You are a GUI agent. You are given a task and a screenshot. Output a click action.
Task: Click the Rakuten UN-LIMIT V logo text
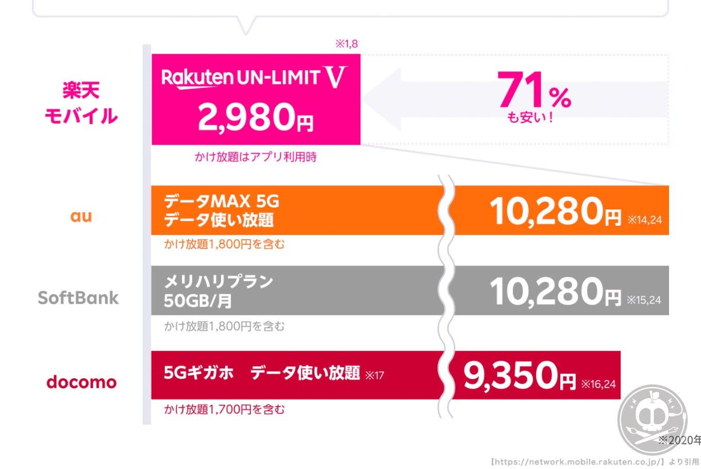(x=254, y=78)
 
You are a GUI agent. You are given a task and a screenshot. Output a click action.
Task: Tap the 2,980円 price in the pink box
(x=256, y=118)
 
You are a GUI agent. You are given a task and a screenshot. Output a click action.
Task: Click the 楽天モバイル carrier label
(x=81, y=104)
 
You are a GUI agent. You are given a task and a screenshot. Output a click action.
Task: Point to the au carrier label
(x=81, y=216)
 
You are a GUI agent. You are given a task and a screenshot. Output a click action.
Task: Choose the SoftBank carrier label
(x=78, y=297)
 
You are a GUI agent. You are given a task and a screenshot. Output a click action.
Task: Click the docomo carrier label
(x=81, y=382)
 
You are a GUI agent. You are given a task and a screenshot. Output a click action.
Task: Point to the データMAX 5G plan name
(x=221, y=201)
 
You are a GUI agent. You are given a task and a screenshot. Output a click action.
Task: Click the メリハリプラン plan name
(x=219, y=281)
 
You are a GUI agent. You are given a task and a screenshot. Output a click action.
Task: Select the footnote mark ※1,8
(x=346, y=44)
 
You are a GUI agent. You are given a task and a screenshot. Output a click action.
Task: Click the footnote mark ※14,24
(x=644, y=220)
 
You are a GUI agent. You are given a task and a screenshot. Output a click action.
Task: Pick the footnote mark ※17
(x=374, y=375)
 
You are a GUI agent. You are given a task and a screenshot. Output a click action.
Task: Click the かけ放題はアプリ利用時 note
(x=256, y=157)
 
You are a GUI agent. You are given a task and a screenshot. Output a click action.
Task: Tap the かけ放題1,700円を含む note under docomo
(x=224, y=410)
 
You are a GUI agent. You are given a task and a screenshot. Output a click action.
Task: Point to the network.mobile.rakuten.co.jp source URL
(x=577, y=462)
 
